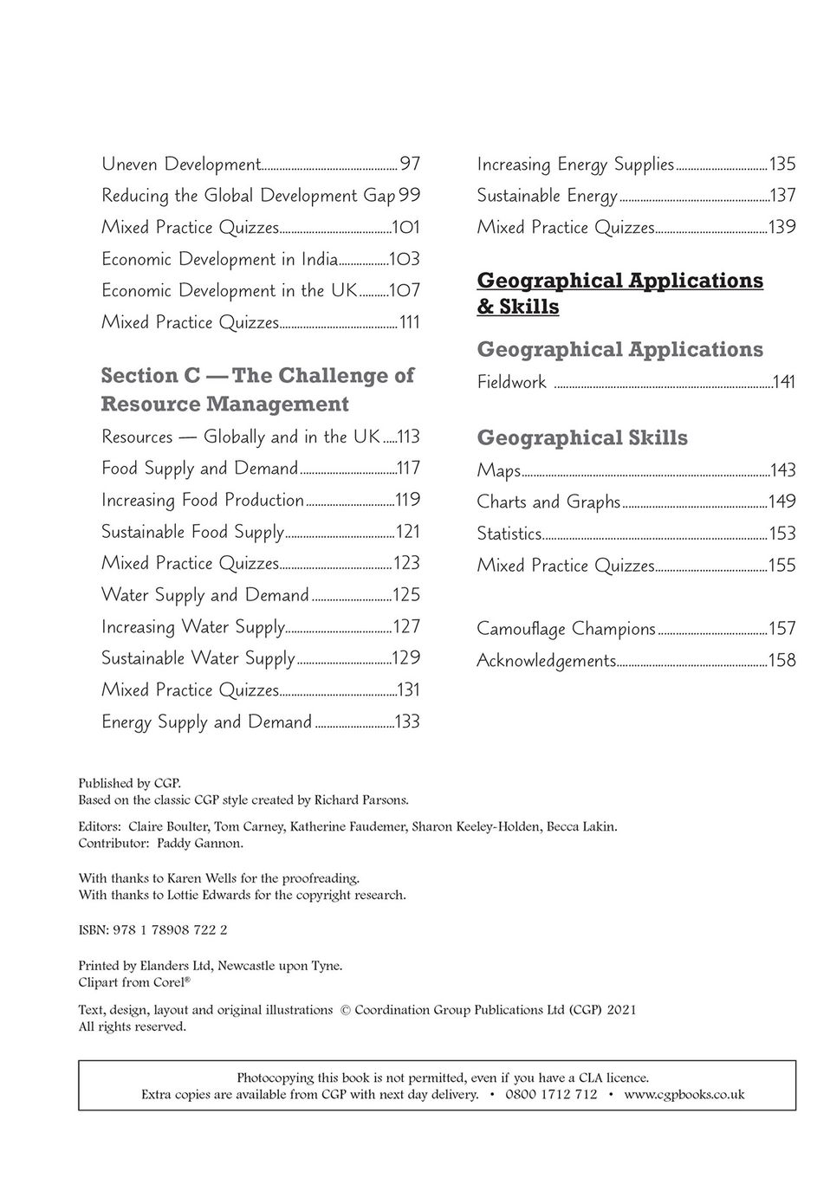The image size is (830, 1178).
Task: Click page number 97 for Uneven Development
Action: pyautogui.click(x=409, y=164)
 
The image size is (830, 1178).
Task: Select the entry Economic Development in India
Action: pyautogui.click(x=219, y=259)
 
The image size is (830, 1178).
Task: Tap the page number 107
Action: pyautogui.click(x=404, y=290)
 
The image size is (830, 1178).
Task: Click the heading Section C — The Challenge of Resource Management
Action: pyautogui.click(x=257, y=389)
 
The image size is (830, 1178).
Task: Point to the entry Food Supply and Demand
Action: pyautogui.click(x=199, y=469)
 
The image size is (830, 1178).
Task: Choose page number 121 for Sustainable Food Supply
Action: pyautogui.click(x=407, y=532)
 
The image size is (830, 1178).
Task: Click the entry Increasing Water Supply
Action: pyautogui.click(x=192, y=626)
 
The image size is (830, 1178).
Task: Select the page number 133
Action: pyautogui.click(x=406, y=722)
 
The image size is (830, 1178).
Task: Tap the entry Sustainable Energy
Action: pyautogui.click(x=547, y=196)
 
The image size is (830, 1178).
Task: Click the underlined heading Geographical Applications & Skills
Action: pyautogui.click(x=619, y=293)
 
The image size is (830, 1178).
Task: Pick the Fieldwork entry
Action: pyautogui.click(x=511, y=382)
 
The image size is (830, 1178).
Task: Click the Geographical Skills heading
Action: pyautogui.click(x=582, y=437)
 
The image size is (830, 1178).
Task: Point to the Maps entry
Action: pyautogui.click(x=498, y=470)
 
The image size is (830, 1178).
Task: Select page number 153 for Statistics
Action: pyautogui.click(x=782, y=534)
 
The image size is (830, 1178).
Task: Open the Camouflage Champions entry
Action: pyautogui.click(x=566, y=629)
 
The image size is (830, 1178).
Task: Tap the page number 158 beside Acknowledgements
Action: pyautogui.click(x=781, y=660)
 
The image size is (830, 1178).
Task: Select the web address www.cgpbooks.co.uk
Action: pyautogui.click(x=684, y=1094)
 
